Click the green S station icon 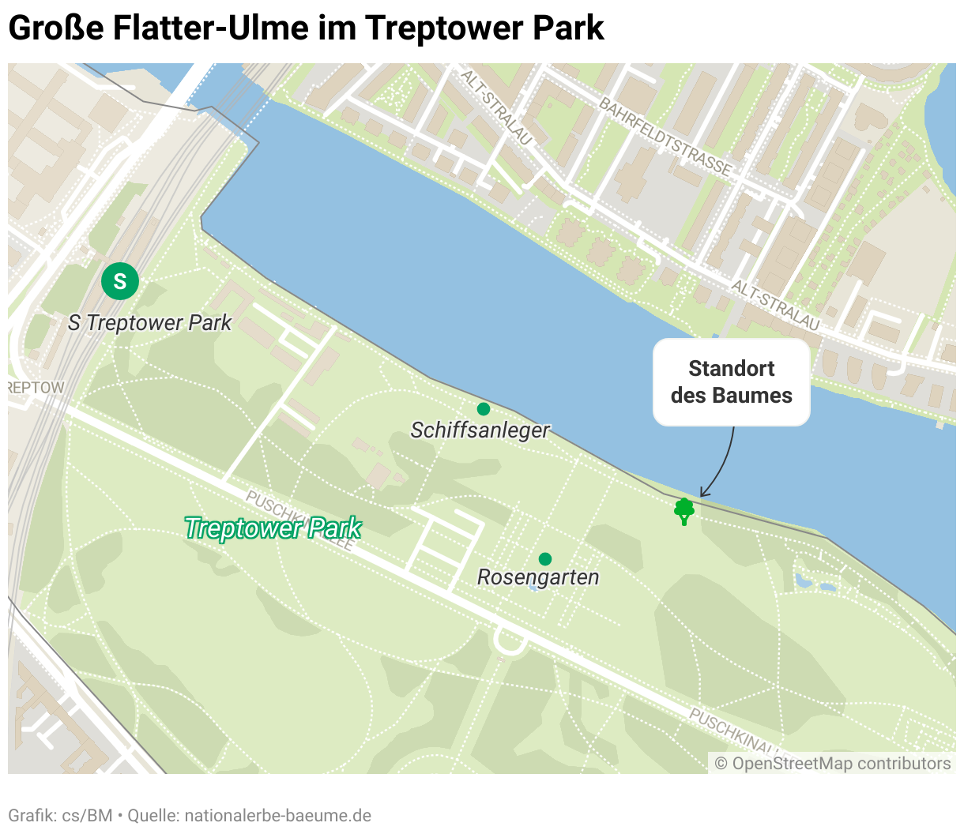click(x=120, y=281)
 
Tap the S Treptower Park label click(x=149, y=322)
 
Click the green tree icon click(x=684, y=511)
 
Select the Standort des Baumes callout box click(x=731, y=382)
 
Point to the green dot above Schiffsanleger click(x=484, y=409)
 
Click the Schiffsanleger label click(x=480, y=430)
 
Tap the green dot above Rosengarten click(x=544, y=559)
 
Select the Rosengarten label click(x=538, y=577)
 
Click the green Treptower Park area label click(x=273, y=528)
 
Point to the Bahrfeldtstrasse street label click(x=665, y=136)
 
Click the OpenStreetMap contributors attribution click(x=833, y=764)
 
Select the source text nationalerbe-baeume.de click(x=278, y=815)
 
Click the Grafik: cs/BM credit click(x=60, y=815)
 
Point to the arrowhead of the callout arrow click(x=702, y=495)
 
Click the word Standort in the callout click(x=731, y=369)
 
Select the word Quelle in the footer click(x=153, y=815)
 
